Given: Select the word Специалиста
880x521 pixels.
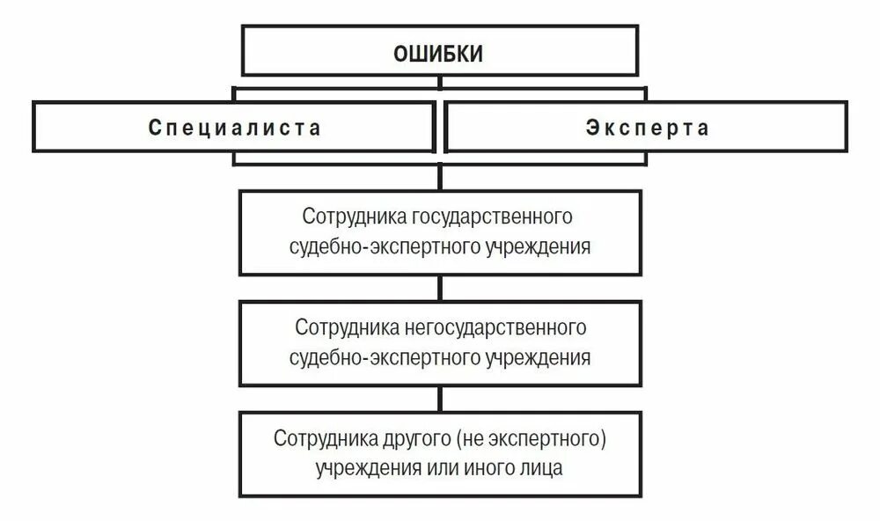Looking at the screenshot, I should [235, 128].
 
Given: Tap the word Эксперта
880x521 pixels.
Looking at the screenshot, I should [647, 128].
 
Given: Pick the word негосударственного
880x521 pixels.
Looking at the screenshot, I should [496, 328].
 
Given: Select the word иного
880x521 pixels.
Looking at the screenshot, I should [483, 467].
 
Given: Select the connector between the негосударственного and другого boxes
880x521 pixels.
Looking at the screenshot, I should [439, 399].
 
